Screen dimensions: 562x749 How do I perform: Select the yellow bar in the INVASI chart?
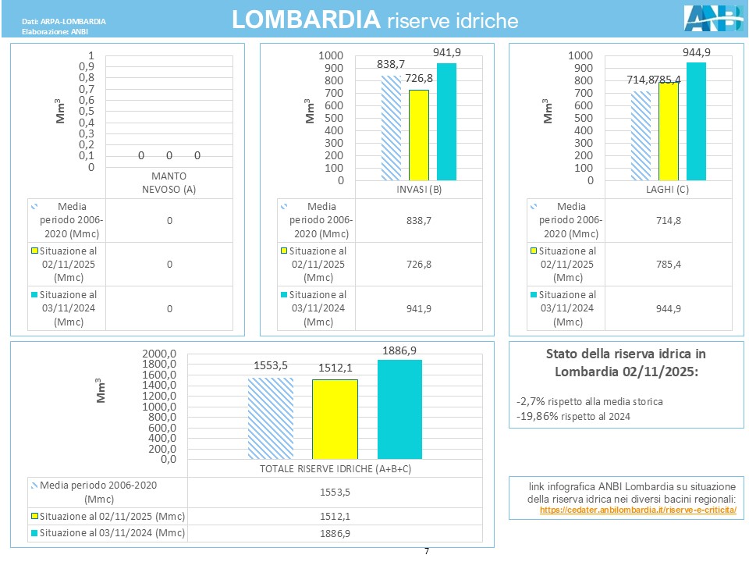[x=419, y=135]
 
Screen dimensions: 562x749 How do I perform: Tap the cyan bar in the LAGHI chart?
[x=696, y=121]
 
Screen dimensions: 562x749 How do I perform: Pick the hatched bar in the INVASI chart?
[x=391, y=128]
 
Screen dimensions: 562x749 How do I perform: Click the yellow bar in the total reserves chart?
[x=335, y=419]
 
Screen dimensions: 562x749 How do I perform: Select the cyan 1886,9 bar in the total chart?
[x=399, y=409]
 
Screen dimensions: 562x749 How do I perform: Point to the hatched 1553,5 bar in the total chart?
[x=271, y=418]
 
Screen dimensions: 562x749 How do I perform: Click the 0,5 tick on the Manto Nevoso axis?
[x=91, y=112]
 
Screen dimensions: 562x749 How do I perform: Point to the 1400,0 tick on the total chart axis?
[x=161, y=385]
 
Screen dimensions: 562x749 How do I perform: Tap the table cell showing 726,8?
[x=419, y=265]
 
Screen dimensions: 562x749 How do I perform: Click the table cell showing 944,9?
[x=669, y=308]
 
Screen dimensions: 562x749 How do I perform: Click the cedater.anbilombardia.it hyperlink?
[x=637, y=510]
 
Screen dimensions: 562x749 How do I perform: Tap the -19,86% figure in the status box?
[x=536, y=416]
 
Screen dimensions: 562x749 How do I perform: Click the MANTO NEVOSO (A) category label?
[x=169, y=181]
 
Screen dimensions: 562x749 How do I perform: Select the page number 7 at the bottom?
[x=427, y=552]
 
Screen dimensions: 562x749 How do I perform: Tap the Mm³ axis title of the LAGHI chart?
[x=548, y=111]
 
